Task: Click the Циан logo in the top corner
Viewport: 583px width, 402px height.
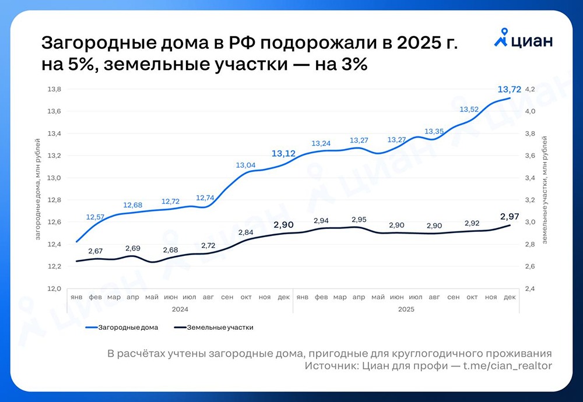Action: pos(524,40)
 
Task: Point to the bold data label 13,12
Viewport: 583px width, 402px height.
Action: pos(284,154)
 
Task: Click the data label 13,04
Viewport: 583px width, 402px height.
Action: pos(245,165)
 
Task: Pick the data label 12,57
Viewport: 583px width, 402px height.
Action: pos(95,217)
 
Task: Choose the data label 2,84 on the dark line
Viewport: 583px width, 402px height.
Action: pos(245,233)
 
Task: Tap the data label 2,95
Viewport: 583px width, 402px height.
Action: pos(359,220)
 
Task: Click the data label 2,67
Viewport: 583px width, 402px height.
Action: pos(95,251)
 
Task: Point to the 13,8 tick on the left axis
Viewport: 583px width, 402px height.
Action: pos(54,89)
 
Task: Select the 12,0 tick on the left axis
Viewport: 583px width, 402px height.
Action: pos(54,288)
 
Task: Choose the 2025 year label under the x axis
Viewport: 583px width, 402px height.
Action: pos(406,310)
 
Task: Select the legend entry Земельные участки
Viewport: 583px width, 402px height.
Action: pos(220,327)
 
